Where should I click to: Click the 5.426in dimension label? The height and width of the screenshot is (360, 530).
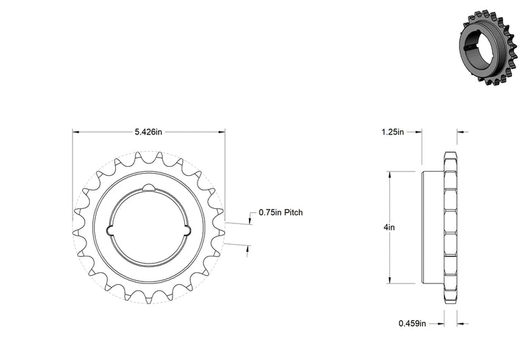[148, 132]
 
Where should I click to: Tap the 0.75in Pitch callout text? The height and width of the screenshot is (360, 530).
[281, 212]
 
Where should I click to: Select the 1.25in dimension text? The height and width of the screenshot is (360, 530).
[393, 132]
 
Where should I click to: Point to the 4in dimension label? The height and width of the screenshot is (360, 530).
[389, 228]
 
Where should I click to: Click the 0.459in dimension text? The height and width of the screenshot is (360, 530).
[413, 323]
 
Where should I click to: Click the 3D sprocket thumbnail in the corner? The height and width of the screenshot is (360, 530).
[488, 46]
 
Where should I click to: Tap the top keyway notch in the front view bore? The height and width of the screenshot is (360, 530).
[149, 188]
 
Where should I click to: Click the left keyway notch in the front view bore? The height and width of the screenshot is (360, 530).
[110, 230]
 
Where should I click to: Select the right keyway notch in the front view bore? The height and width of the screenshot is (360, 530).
[188, 230]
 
